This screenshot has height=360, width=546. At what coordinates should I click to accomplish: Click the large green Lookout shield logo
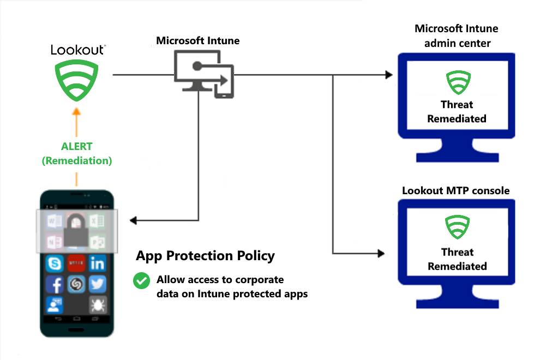77,80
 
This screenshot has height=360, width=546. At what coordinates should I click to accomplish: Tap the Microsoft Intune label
197,41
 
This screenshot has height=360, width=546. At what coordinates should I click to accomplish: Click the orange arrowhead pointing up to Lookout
77,111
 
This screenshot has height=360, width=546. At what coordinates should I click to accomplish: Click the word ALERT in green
77,147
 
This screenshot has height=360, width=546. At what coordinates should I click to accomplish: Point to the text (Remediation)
77,161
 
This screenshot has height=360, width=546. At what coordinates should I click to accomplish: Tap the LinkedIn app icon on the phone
98,264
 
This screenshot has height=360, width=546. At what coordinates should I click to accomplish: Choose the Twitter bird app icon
98,285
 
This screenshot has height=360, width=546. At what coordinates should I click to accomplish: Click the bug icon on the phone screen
98,305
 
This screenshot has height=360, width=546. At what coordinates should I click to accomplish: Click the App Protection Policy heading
205,256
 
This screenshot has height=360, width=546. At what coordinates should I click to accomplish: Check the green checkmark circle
142,281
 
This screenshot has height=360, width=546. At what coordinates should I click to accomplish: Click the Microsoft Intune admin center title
456,35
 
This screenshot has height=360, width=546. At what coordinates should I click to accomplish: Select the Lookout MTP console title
455,190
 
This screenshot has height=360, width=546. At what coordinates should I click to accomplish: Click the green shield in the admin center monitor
457,83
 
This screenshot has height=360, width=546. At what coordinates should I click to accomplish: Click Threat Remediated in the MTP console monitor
457,259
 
